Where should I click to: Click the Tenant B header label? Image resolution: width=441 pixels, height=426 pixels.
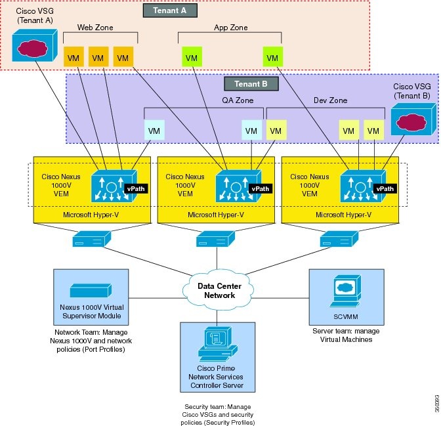(x=251, y=84)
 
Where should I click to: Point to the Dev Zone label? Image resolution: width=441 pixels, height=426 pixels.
(x=331, y=100)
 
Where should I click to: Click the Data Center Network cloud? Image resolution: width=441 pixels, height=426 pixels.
(x=220, y=291)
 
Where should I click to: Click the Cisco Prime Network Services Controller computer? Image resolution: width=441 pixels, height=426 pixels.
(x=220, y=345)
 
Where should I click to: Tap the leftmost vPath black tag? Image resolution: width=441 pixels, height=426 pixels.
(x=136, y=188)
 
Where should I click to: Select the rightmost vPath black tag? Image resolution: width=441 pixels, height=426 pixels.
(x=384, y=188)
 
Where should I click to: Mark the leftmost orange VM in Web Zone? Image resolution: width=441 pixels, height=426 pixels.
(x=73, y=58)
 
